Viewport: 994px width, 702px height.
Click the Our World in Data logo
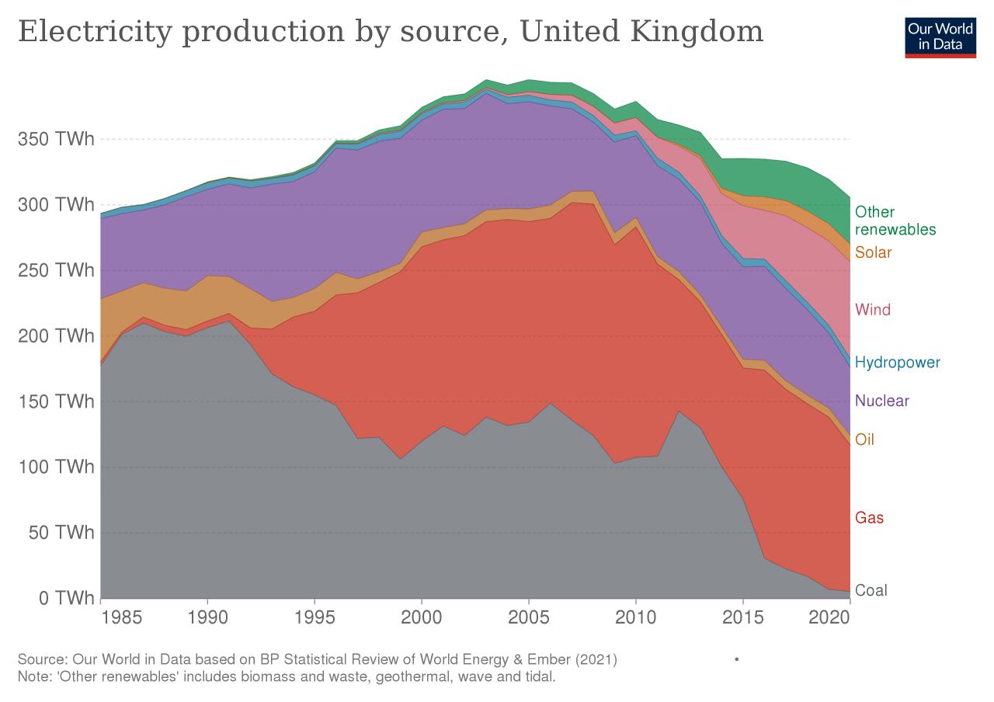pos(939,36)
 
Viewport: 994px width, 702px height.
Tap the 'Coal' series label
pos(871,590)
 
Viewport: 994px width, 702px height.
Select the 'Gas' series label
pos(869,517)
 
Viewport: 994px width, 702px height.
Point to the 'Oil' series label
pos(864,440)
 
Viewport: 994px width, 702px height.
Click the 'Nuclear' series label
pos(881,401)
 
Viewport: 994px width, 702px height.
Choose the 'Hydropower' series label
pos(897,362)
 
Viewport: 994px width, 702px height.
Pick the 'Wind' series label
pos(872,310)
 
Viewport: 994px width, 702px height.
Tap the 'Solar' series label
pos(873,252)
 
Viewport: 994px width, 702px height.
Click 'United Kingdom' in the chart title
pos(641,32)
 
